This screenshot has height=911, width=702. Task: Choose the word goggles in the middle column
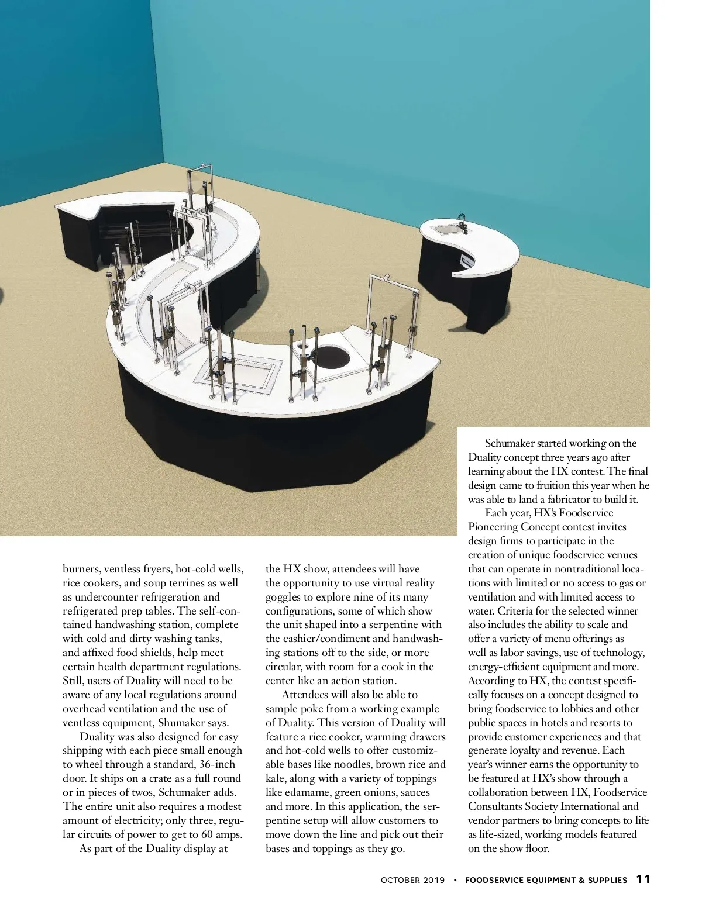285,597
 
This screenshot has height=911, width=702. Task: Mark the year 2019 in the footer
435,879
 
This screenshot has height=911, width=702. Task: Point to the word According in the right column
488,681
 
